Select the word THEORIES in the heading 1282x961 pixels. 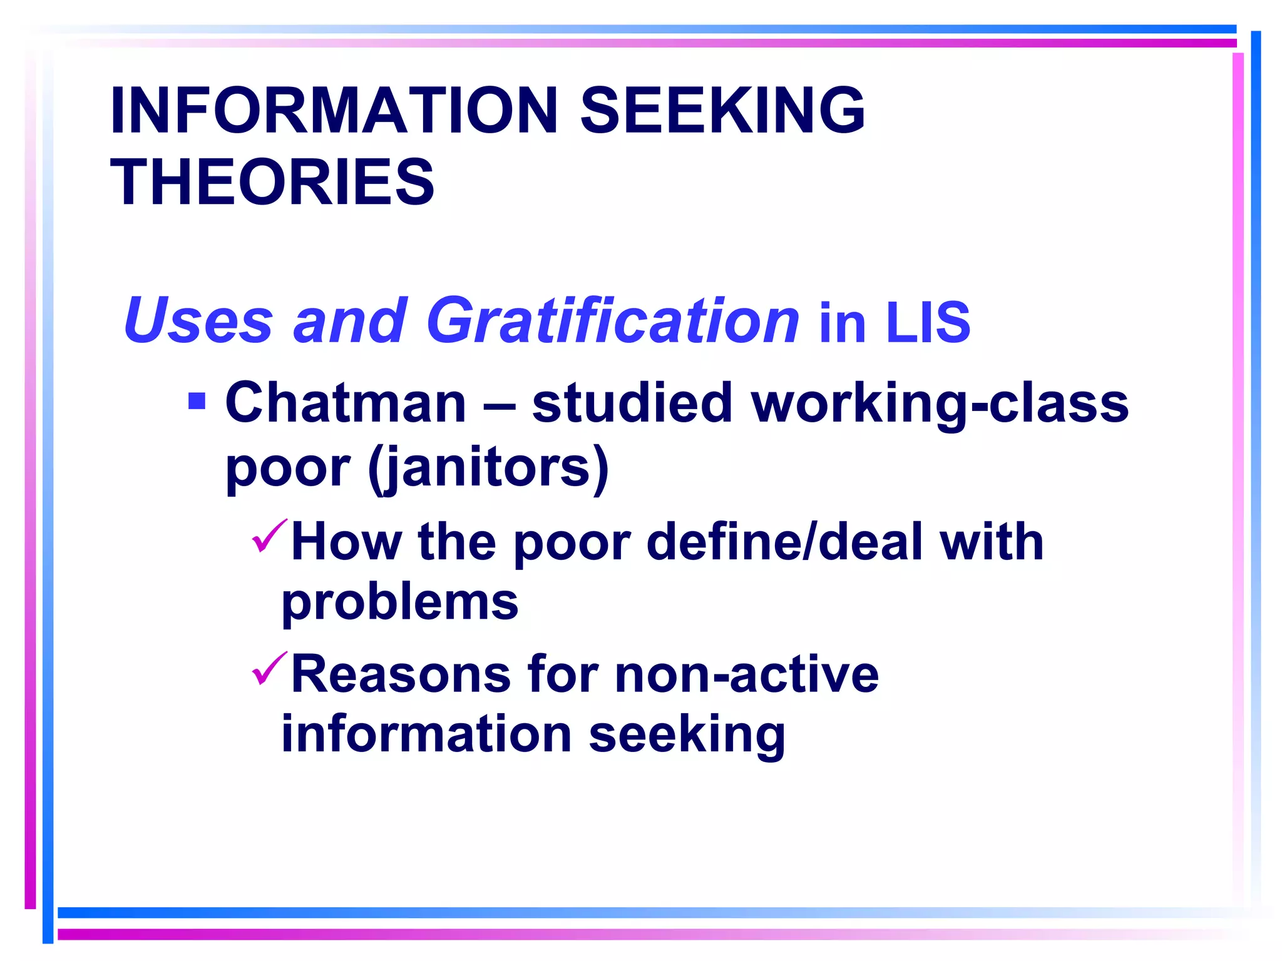click(x=272, y=182)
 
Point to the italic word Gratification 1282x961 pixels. click(x=612, y=320)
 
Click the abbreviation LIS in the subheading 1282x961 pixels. click(x=928, y=322)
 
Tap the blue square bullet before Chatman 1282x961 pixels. click(x=197, y=400)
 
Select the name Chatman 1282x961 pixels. click(x=346, y=404)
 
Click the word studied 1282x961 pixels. click(x=632, y=404)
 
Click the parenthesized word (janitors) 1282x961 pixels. click(x=488, y=468)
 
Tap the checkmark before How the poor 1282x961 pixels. click(x=269, y=536)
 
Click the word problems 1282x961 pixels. click(x=400, y=603)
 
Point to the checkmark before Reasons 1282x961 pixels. click(x=269, y=668)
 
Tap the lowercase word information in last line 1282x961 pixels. click(x=426, y=734)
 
